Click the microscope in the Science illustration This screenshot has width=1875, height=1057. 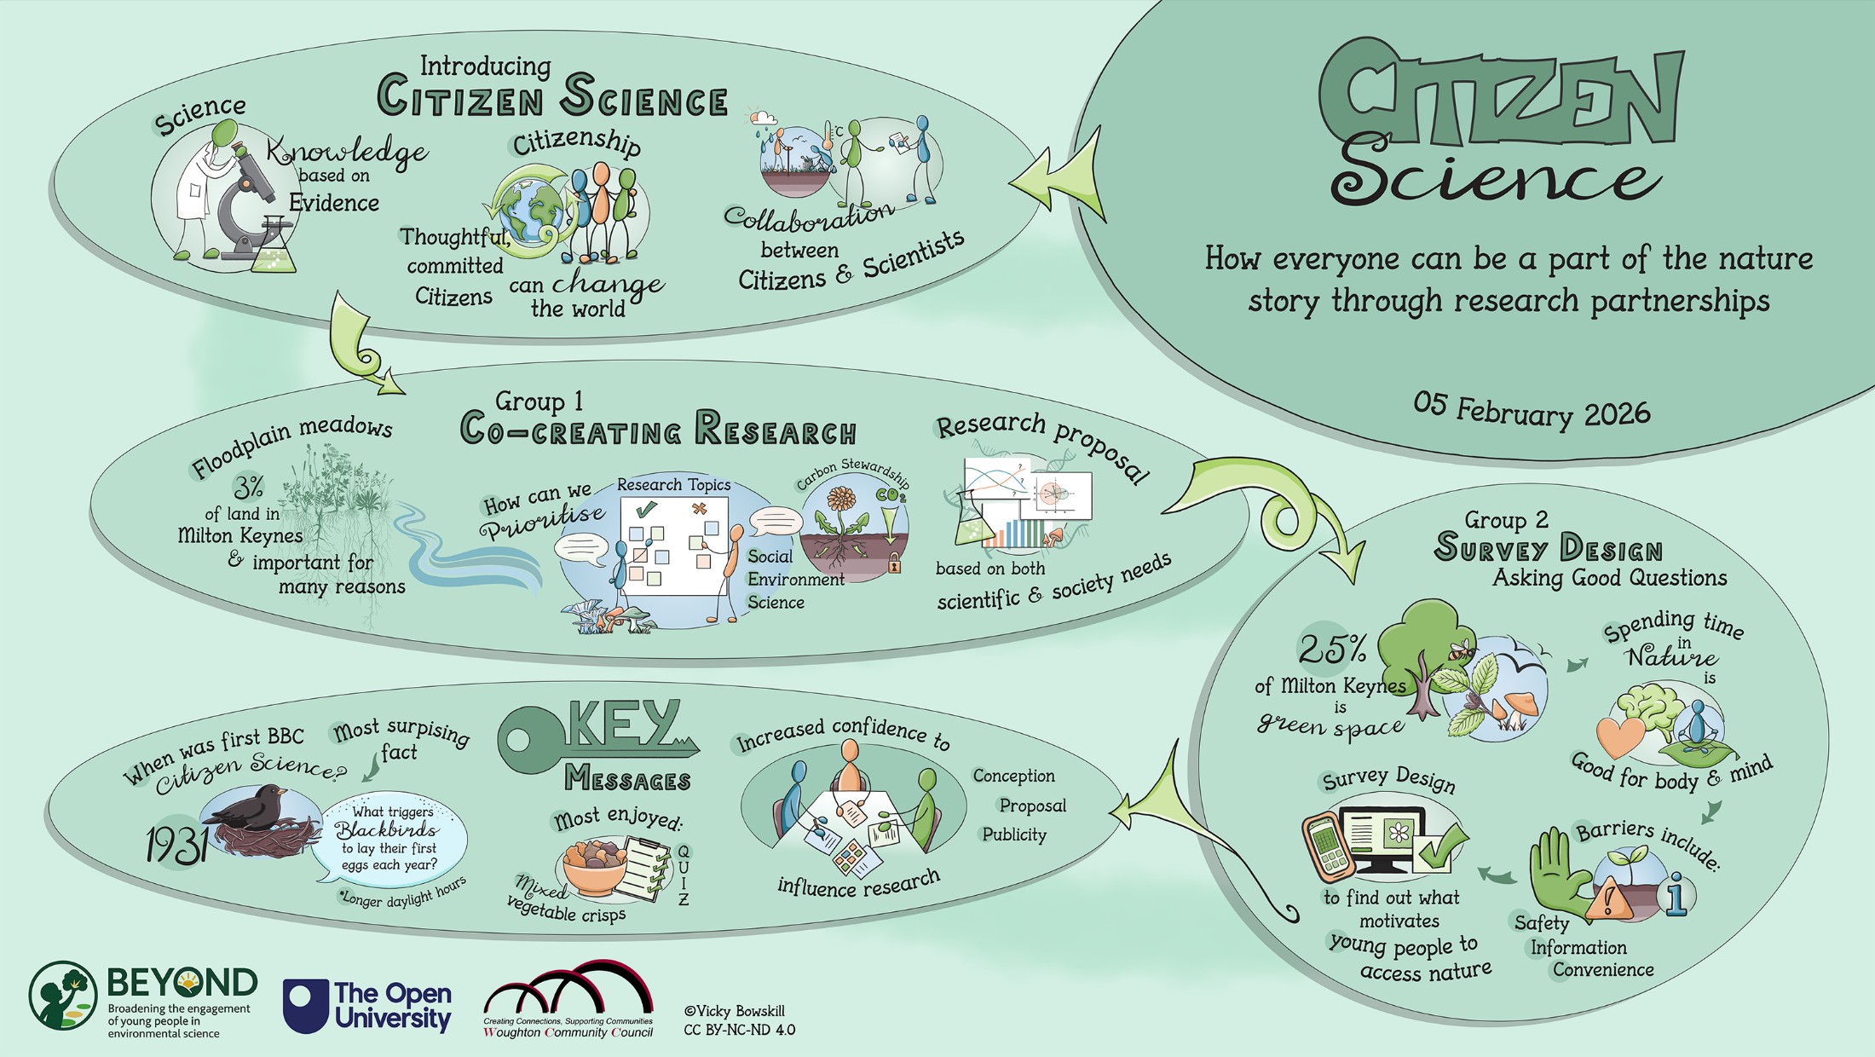[247, 205]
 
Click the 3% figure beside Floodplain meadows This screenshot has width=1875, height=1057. [248, 487]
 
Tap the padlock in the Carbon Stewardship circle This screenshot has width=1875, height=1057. [894, 563]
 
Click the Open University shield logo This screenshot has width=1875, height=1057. [305, 1006]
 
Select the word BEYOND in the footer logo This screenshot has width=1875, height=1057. [182, 983]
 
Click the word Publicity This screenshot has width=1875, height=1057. [1013, 835]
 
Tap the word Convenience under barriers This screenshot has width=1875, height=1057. [1602, 969]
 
